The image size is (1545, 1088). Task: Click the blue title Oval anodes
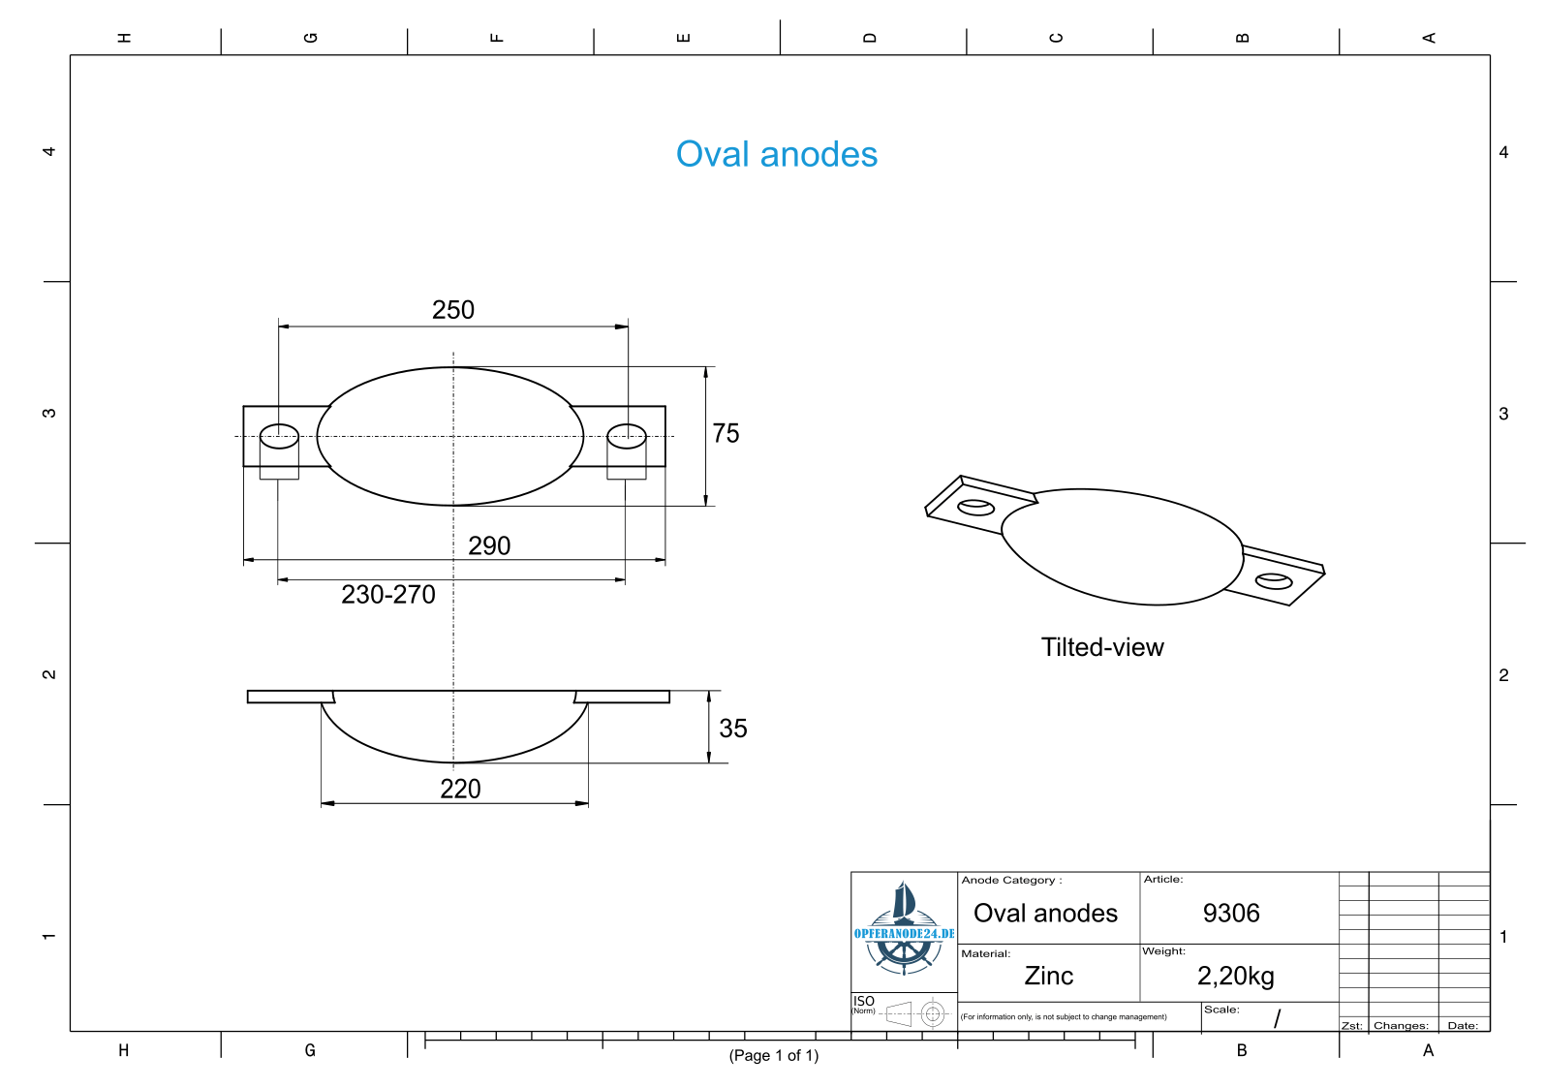click(x=777, y=154)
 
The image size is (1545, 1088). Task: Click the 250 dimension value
click(x=453, y=310)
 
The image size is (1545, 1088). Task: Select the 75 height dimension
click(x=726, y=433)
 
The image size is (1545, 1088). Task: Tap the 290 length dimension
click(x=489, y=545)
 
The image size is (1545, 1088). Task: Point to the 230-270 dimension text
click(x=388, y=594)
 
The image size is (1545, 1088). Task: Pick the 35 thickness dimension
click(x=733, y=729)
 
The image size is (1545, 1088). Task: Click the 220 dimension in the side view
click(x=460, y=789)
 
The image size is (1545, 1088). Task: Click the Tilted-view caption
click(x=1102, y=647)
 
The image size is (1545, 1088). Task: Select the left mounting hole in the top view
click(x=279, y=437)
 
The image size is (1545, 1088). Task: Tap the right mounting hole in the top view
click(x=627, y=437)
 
